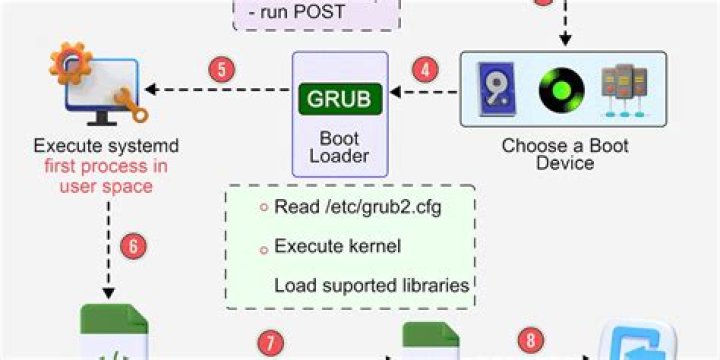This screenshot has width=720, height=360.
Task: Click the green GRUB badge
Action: pyautogui.click(x=339, y=99)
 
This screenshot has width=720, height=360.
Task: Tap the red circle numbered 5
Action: pyautogui.click(x=222, y=71)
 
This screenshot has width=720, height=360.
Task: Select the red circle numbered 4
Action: pyautogui.click(x=426, y=71)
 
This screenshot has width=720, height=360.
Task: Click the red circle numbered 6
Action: pyautogui.click(x=132, y=245)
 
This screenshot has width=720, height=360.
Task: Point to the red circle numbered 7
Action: pyautogui.click(x=269, y=342)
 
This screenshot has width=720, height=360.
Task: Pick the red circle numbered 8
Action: pyautogui.click(x=531, y=340)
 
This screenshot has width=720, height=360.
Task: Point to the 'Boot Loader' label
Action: pyautogui.click(x=339, y=147)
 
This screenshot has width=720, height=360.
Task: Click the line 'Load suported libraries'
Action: pyautogui.click(x=371, y=285)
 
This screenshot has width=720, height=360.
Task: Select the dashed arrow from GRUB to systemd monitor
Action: pyautogui.click(x=215, y=93)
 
